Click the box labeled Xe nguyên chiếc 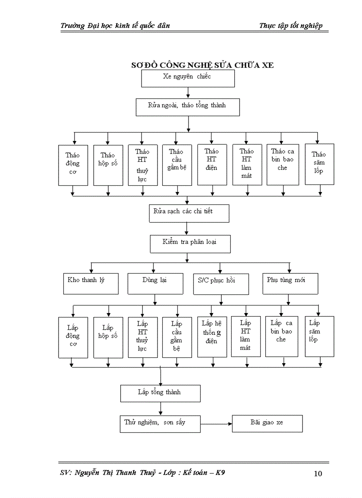click(x=188, y=78)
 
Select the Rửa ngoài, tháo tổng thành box click(x=188, y=107)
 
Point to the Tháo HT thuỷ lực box click(x=142, y=165)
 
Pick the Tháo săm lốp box click(x=319, y=164)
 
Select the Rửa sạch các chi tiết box click(x=189, y=213)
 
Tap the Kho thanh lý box click(x=91, y=283)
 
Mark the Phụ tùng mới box click(x=290, y=283)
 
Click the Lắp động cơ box click(x=73, y=337)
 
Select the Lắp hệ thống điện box click(x=212, y=337)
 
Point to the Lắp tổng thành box click(x=160, y=393)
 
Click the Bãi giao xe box click(x=267, y=423)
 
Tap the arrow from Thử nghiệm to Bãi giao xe click(x=216, y=424)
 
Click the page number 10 click(x=318, y=474)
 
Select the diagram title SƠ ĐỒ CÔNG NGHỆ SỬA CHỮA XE click(x=202, y=65)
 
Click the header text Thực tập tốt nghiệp click(x=291, y=26)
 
